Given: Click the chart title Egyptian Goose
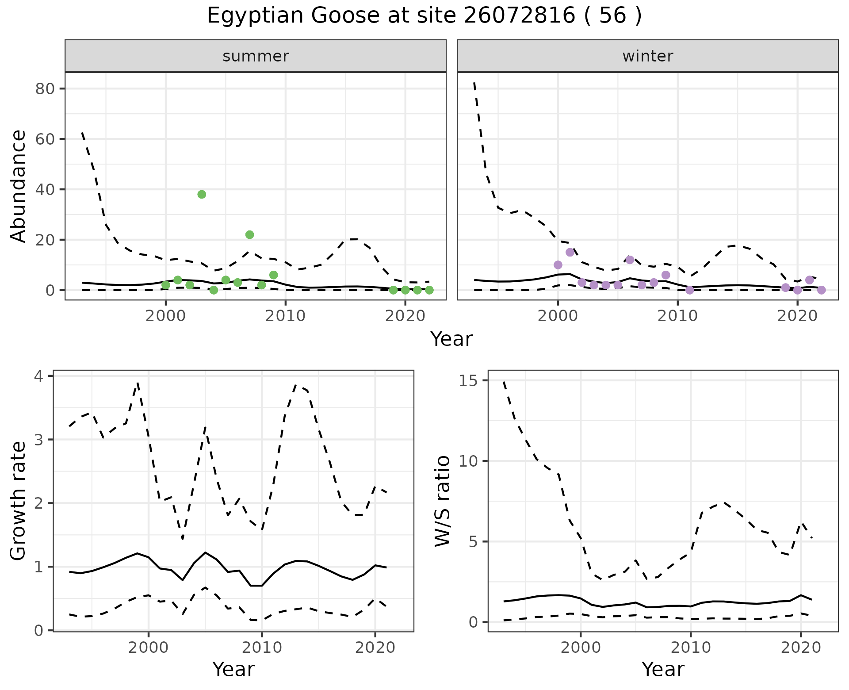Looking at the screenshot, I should pos(293,16).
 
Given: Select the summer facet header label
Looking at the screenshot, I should pos(256,56).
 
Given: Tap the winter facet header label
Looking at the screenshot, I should pos(647,56).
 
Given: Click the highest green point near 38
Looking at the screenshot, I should pos(202,194).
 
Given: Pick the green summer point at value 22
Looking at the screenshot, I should pos(249,234).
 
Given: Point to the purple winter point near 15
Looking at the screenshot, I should pos(570,252).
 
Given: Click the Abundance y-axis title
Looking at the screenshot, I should pos(19,186).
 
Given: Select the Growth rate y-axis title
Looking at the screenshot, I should pos(19,501).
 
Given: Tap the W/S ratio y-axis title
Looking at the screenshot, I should pos(442,501).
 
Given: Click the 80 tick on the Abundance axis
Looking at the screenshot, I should pos(46,89).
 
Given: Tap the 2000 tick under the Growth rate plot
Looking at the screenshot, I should pos(149,648).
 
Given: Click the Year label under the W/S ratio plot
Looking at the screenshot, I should pos(663,669).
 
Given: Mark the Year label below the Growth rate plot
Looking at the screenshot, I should pos(233,669).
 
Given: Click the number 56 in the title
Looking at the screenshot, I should pos(613,16).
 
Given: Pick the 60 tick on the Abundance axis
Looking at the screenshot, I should pos(46,139).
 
